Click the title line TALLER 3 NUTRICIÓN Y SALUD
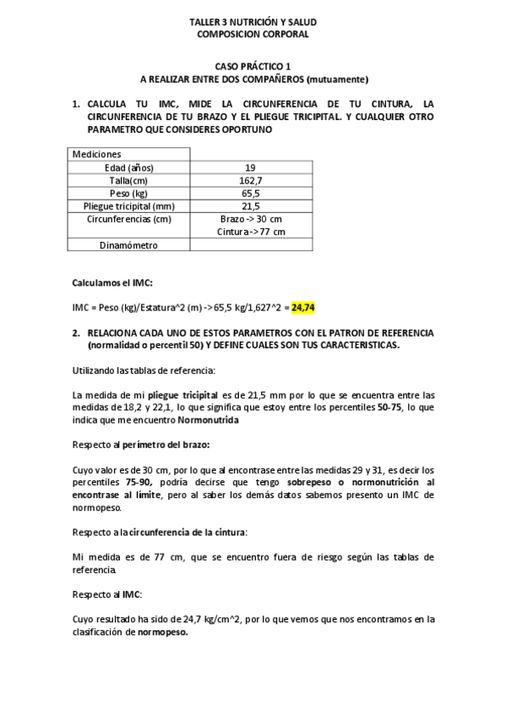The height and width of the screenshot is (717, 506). (253, 22)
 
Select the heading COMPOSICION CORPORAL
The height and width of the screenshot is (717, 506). (253, 35)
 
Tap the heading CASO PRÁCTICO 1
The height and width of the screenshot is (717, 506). (253, 66)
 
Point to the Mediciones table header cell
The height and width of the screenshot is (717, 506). (97, 155)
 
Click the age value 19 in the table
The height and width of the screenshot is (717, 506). (250, 167)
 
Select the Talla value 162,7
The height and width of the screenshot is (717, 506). (250, 180)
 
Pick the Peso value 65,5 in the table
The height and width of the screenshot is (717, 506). (250, 193)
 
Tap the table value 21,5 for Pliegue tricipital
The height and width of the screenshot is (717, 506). (250, 205)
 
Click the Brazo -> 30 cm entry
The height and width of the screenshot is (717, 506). (250, 218)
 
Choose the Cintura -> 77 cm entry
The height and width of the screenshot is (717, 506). (250, 232)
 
